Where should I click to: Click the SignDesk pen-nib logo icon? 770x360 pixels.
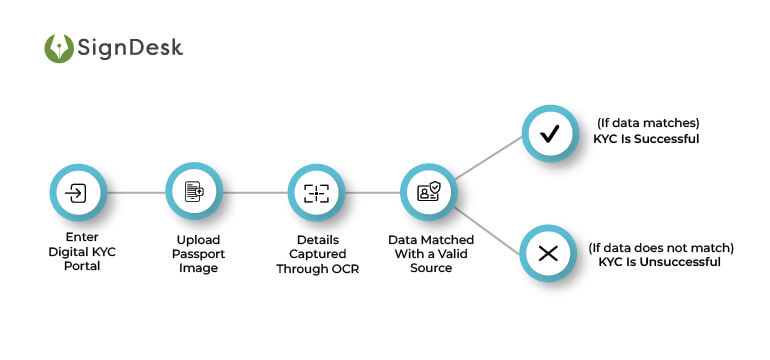pos(59,49)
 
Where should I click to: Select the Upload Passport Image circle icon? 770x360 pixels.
pos(193,193)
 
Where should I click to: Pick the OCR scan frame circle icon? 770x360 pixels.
pos(316,193)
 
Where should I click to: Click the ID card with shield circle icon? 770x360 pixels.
pos(430,193)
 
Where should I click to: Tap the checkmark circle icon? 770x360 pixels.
pos(549,133)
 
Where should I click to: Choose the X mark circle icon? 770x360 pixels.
pos(548,253)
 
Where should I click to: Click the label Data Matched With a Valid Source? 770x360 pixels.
pos(431,254)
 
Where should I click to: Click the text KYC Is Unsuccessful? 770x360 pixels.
pos(661,261)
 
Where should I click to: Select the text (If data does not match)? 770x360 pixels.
pos(661,246)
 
